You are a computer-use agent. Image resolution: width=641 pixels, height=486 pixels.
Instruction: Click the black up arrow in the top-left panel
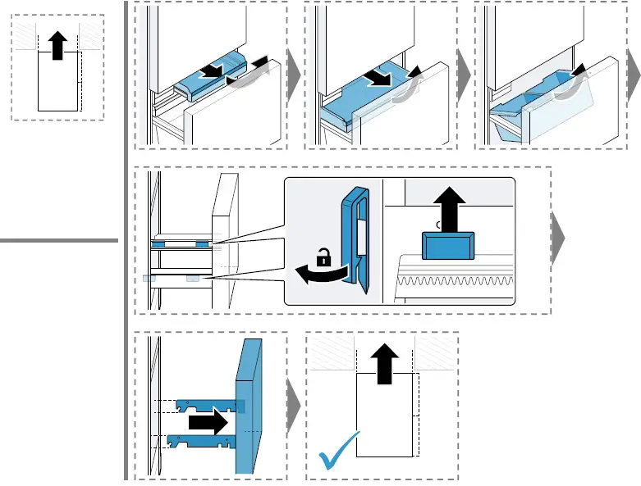click(57, 46)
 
